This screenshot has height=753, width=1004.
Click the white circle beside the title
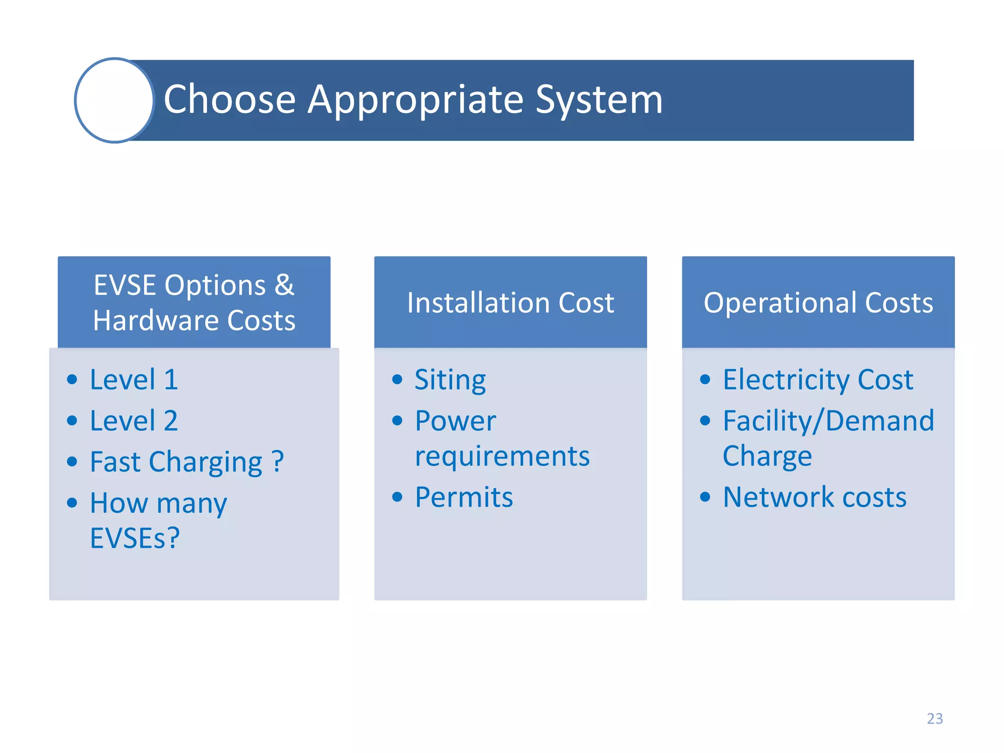pyautogui.click(x=115, y=100)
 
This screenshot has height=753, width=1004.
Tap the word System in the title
pyautogui.click(x=599, y=100)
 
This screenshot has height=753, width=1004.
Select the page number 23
pyautogui.click(x=934, y=718)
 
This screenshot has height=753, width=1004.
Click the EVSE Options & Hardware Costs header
pyautogui.click(x=194, y=302)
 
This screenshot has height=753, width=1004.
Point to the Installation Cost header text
pyautogui.click(x=510, y=302)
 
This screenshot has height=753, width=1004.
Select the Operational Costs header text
pyautogui.click(x=818, y=302)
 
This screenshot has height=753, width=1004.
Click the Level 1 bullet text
pyautogui.click(x=134, y=379)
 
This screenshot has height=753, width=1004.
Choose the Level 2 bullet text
pyautogui.click(x=134, y=421)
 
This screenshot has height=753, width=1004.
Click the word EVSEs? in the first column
pyautogui.click(x=135, y=538)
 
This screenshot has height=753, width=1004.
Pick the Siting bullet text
pyautogui.click(x=450, y=380)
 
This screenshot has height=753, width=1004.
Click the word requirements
pyautogui.click(x=502, y=456)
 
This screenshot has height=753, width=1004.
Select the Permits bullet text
pyautogui.click(x=464, y=497)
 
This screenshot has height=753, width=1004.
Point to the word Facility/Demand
pyautogui.click(x=828, y=421)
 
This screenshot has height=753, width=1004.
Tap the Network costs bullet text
pyautogui.click(x=815, y=497)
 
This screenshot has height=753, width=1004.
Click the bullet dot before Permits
pyautogui.click(x=397, y=498)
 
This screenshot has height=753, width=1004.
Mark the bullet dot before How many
pyautogui.click(x=72, y=502)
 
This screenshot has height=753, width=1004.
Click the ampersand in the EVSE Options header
pyautogui.click(x=284, y=285)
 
